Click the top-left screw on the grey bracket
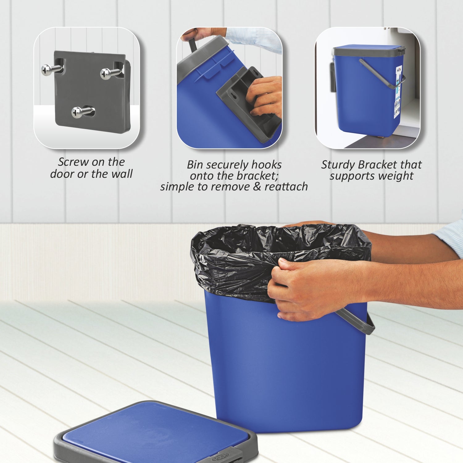(x=47, y=70)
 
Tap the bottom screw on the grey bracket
(x=77, y=112)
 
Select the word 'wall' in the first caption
(x=122, y=174)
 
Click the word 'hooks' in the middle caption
(x=266, y=165)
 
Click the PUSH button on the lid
(x=223, y=456)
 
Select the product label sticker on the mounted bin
(x=398, y=96)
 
